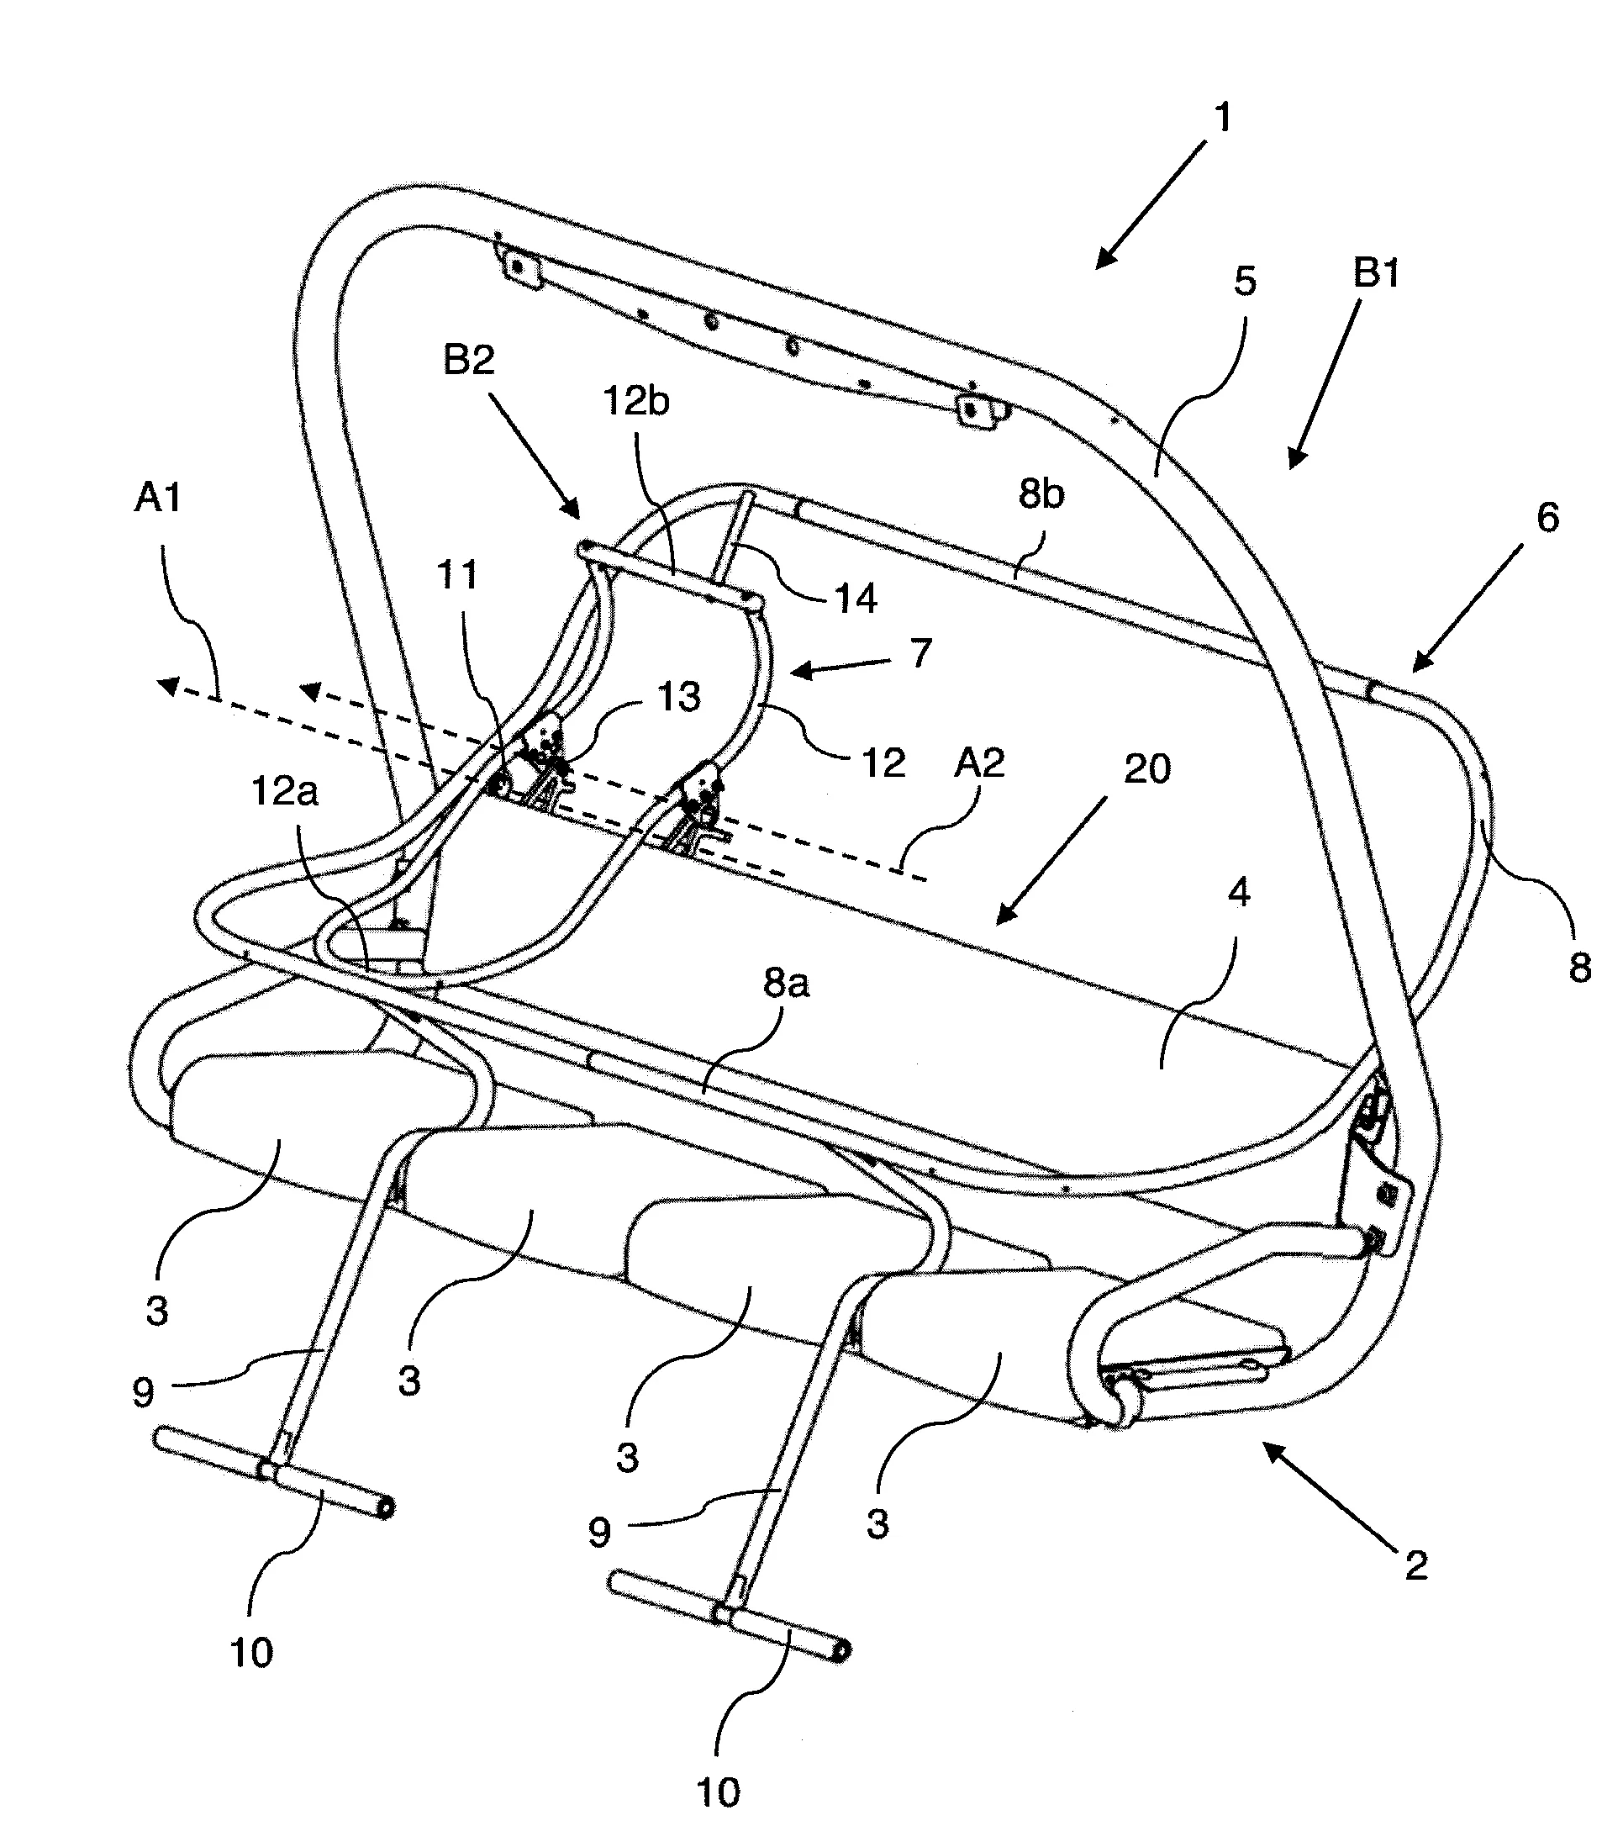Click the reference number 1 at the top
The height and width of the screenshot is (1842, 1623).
(x=1223, y=118)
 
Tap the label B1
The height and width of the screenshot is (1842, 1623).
(x=1376, y=273)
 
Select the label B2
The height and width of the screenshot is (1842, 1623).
(x=469, y=361)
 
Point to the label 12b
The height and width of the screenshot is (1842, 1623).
(x=636, y=402)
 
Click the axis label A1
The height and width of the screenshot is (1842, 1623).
(x=158, y=497)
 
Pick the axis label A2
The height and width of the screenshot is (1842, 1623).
(x=978, y=763)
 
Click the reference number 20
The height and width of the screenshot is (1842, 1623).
(x=1146, y=768)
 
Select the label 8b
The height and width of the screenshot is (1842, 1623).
(x=1041, y=494)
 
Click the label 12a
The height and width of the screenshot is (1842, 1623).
(x=285, y=792)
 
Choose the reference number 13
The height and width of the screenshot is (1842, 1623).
(x=678, y=697)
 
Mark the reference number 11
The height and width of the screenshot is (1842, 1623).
(x=457, y=575)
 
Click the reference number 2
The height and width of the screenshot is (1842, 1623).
(x=1415, y=1565)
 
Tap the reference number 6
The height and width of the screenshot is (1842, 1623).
(x=1547, y=517)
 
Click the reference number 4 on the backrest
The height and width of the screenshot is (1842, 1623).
(x=1239, y=893)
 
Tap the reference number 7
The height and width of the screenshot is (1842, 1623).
(x=920, y=652)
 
